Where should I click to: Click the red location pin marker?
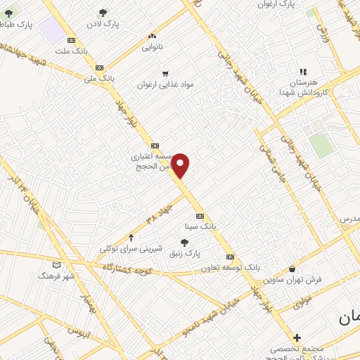181,165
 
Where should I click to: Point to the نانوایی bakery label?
152,47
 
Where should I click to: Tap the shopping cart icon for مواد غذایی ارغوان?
165,72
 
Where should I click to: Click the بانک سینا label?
200,226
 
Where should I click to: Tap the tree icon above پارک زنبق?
185,242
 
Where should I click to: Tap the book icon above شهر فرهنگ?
57,265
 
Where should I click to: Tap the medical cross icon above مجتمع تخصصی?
297,337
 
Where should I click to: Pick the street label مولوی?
302,302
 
